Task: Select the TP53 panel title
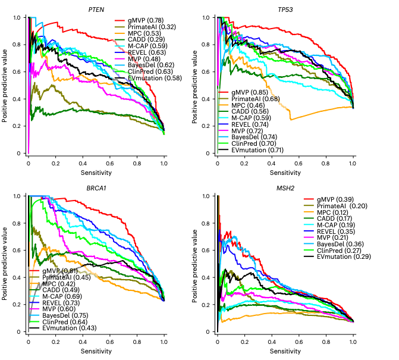click(285, 10)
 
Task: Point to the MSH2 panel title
click(285, 187)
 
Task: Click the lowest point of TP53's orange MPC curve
click(291, 120)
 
